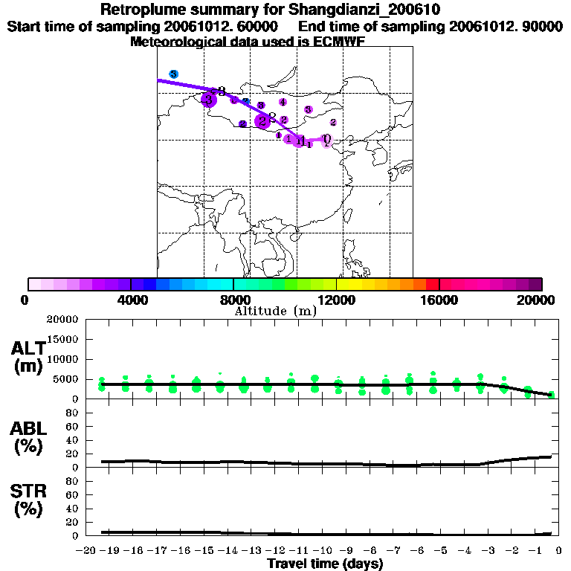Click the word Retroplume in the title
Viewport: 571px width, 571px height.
[x=141, y=10]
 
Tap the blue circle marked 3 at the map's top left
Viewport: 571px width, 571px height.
[x=173, y=74]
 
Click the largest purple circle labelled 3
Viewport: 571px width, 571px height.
[x=209, y=100]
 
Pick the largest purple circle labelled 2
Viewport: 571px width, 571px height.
[x=262, y=121]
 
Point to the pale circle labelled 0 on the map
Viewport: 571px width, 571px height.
[x=326, y=139]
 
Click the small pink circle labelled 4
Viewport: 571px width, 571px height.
[x=283, y=102]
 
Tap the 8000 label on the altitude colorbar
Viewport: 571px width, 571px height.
[x=233, y=300]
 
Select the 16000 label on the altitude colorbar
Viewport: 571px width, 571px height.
[x=440, y=300]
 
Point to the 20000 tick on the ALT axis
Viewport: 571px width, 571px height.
[x=63, y=320]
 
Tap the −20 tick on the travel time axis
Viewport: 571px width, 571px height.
[x=87, y=552]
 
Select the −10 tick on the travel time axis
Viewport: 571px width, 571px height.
[x=324, y=552]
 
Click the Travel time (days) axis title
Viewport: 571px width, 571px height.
[x=325, y=564]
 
